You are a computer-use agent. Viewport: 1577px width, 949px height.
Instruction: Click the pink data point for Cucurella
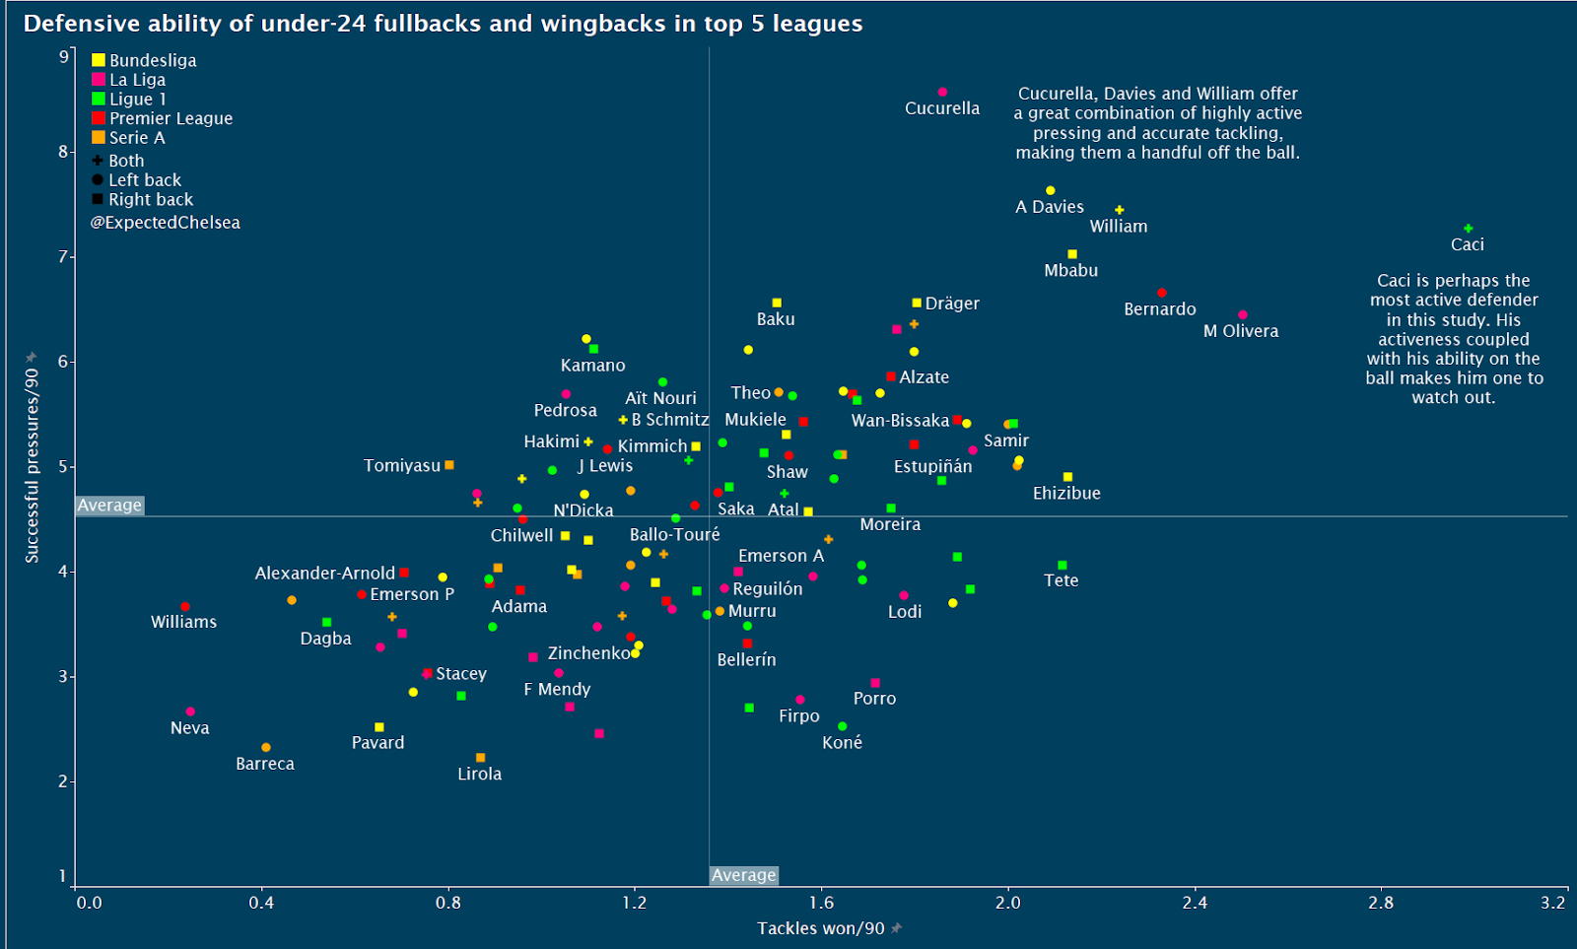(x=942, y=92)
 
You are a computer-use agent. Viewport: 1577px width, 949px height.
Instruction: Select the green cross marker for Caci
(x=1468, y=229)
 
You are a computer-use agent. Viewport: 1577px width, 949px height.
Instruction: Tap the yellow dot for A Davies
(x=1051, y=190)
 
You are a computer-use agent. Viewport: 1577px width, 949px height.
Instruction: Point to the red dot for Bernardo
(x=1161, y=293)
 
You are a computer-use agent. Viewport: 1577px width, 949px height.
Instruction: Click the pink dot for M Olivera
(x=1242, y=315)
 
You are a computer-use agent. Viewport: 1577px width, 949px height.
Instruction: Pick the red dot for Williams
(x=185, y=607)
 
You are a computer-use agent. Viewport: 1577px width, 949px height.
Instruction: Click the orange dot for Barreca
(x=266, y=747)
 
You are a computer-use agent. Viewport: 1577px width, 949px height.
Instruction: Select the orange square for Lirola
(x=481, y=758)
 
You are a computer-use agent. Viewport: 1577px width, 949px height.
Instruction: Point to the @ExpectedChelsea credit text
(x=166, y=223)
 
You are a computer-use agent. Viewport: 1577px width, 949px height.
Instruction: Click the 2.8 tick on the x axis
(x=1381, y=903)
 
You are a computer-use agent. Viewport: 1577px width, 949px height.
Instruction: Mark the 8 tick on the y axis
(x=63, y=152)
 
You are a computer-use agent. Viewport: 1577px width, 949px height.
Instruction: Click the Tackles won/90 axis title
(x=820, y=928)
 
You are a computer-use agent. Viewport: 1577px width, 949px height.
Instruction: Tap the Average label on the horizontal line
(x=109, y=506)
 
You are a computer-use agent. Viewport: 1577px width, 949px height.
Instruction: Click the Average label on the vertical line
(x=743, y=875)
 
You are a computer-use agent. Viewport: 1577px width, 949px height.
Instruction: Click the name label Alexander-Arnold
(x=324, y=573)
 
